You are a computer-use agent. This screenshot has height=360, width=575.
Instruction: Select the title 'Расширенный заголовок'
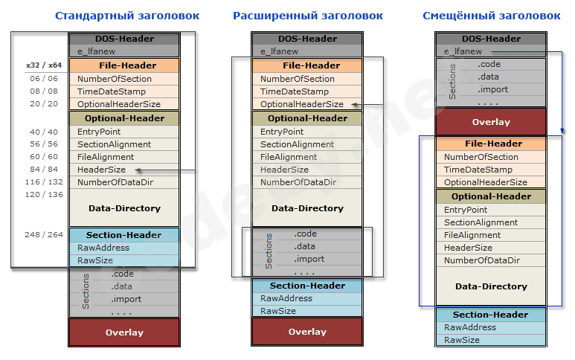[308, 15]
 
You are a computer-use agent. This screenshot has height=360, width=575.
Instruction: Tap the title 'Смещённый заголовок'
[491, 15]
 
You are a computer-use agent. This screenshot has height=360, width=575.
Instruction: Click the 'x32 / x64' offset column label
[44, 65]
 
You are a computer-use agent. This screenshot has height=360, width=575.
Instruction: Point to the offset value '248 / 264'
[44, 235]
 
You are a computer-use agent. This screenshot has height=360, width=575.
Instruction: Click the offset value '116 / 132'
[44, 182]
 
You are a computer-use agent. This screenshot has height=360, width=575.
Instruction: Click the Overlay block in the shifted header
[491, 121]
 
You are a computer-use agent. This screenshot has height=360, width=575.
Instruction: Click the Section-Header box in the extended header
[307, 286]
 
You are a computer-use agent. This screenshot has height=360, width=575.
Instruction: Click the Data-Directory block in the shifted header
[490, 286]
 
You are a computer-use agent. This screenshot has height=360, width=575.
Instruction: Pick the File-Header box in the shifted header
[491, 144]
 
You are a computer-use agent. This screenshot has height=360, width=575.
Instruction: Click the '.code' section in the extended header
[306, 234]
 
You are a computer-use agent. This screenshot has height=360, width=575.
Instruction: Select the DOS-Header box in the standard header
[124, 39]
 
